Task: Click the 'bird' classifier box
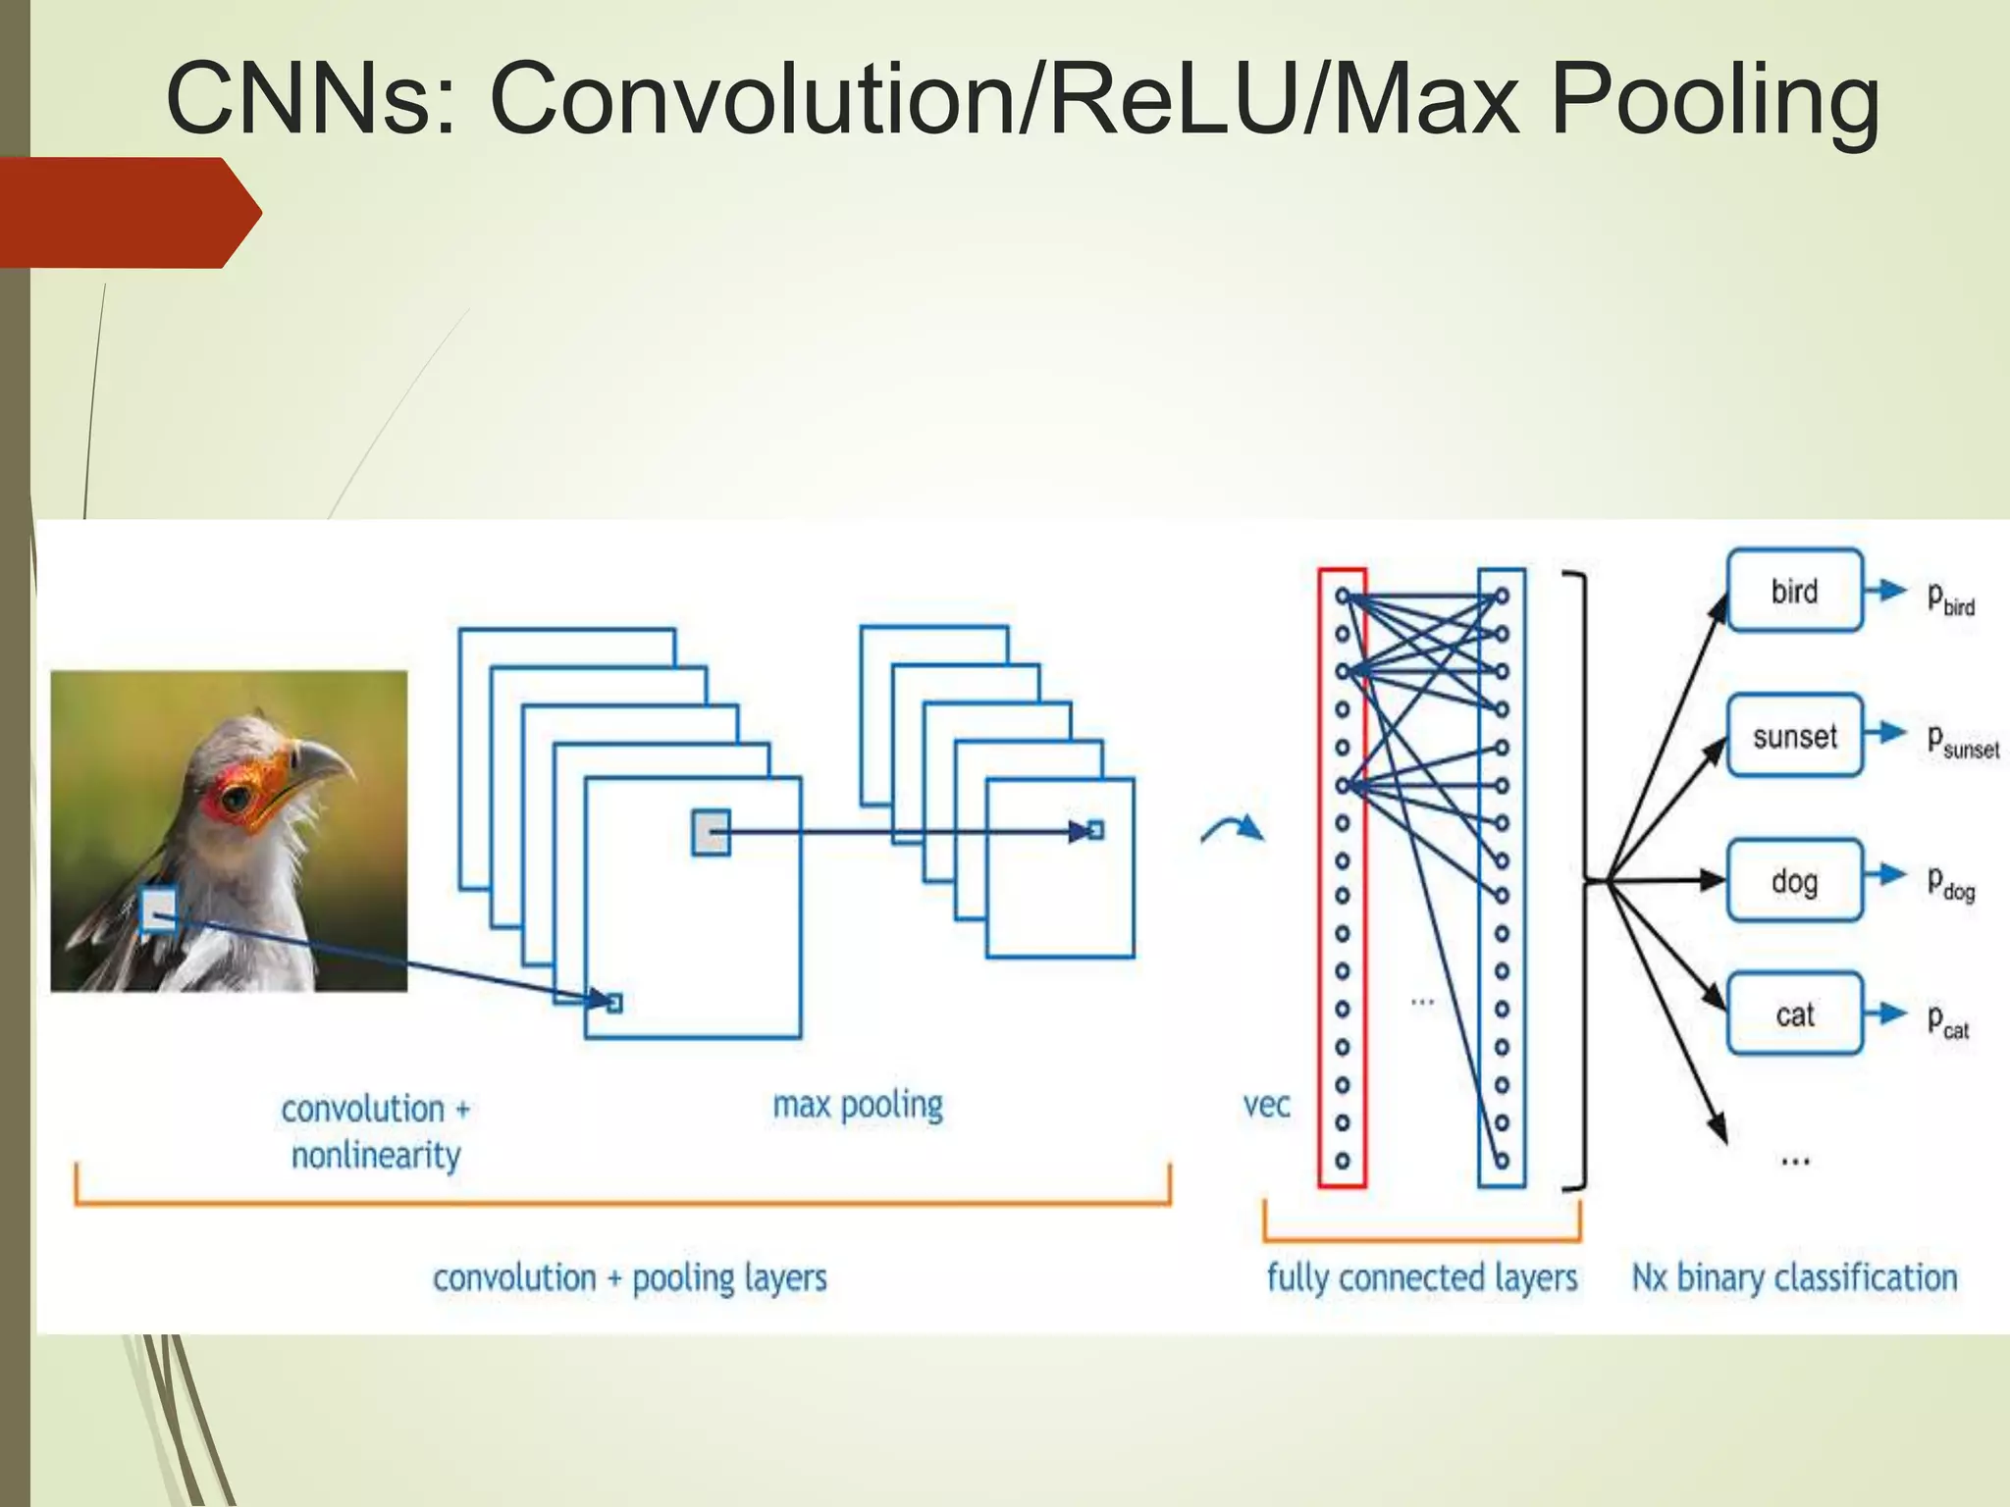pyautogui.click(x=1794, y=591)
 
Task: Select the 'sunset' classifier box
pyautogui.click(x=1794, y=736)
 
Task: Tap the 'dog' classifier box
pyautogui.click(x=1794, y=880)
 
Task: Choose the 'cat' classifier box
pyautogui.click(x=1794, y=1013)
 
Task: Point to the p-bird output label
pyautogui.click(x=1949, y=598)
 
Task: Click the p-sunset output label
pyautogui.click(x=1961, y=741)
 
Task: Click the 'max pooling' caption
pyautogui.click(x=857, y=1106)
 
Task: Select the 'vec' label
pyautogui.click(x=1266, y=1105)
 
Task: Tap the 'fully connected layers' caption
pyautogui.click(x=1421, y=1277)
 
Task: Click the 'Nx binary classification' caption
pyautogui.click(x=1794, y=1277)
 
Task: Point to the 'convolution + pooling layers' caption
pyautogui.click(x=629, y=1277)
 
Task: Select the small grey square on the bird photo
pyautogui.click(x=159, y=909)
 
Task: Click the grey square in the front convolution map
pyautogui.click(x=711, y=832)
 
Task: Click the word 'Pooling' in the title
pyautogui.click(x=1715, y=99)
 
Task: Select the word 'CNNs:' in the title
pyautogui.click(x=312, y=99)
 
